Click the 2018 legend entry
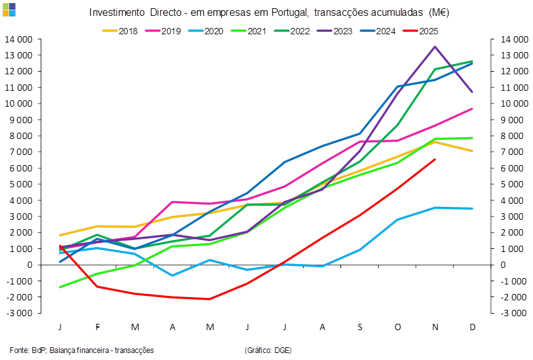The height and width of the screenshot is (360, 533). pos(125,30)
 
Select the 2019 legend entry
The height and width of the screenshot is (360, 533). pos(167,30)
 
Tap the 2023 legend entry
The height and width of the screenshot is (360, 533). pos(334,30)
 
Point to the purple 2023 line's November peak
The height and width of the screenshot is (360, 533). pos(435,46)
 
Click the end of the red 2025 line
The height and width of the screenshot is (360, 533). pos(435,159)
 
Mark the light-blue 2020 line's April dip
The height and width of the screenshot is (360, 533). pos(172,275)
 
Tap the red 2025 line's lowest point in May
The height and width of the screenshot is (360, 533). pos(210,298)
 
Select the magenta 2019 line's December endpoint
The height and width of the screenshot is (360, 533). pos(472,109)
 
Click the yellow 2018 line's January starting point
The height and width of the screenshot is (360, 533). pos(60,235)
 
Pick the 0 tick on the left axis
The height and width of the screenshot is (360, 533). pos(30,264)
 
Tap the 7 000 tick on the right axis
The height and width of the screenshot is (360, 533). pos(512,152)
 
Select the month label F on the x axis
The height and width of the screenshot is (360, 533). pos(97,327)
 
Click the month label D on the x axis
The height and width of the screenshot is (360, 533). pos(472,327)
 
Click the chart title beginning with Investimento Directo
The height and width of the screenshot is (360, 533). pos(269,13)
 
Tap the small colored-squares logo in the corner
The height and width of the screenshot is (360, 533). pos(9,8)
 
